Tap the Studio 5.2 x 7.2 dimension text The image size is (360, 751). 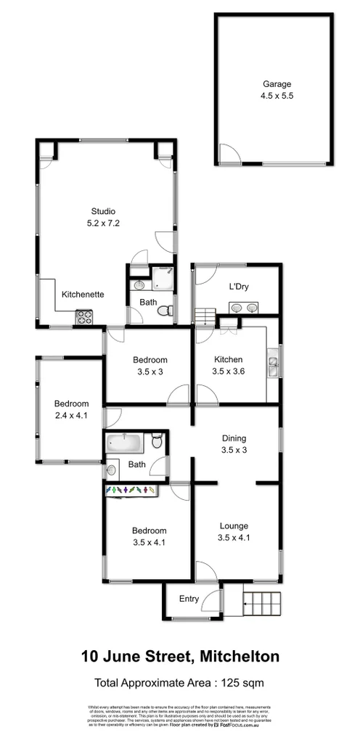click(103, 223)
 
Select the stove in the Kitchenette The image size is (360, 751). click(85, 316)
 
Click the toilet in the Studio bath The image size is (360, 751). click(166, 311)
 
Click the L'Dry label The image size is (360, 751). click(239, 287)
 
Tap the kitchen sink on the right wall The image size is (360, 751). click(274, 366)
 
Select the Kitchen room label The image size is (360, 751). click(229, 359)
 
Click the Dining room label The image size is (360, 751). click(234, 438)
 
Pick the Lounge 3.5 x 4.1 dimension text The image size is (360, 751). click(234, 538)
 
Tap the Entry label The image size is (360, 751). click(189, 599)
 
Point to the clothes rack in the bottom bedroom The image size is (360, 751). click(132, 491)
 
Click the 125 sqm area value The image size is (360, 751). click(243, 682)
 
